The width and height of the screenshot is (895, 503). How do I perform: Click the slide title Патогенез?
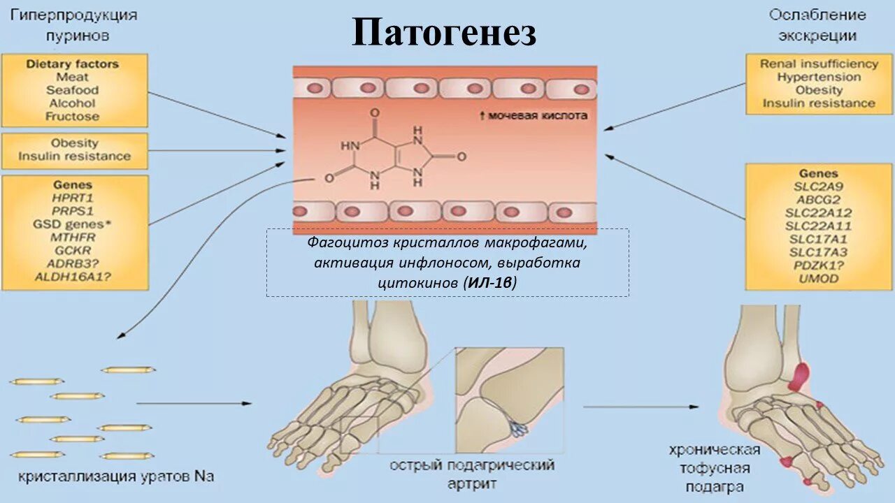[x=444, y=34]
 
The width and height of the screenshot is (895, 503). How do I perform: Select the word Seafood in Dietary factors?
[x=73, y=90]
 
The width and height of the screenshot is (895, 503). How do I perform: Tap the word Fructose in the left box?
[x=73, y=117]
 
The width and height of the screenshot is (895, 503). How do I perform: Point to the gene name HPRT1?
[x=73, y=198]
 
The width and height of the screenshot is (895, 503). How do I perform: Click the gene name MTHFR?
[x=73, y=238]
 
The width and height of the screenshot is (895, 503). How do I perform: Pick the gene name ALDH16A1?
[x=73, y=277]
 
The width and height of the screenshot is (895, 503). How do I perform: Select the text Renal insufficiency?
[x=819, y=64]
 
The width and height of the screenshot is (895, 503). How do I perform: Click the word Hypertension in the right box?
[x=819, y=77]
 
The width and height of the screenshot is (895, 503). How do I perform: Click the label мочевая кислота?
[x=538, y=115]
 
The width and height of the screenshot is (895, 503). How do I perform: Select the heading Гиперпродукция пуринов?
[x=73, y=24]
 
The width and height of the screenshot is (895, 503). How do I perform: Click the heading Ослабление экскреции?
[x=817, y=24]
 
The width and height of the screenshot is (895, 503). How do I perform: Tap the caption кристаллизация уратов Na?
[x=116, y=477]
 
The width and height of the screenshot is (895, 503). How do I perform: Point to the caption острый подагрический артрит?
[x=472, y=474]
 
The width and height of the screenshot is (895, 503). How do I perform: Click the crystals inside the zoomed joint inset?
[x=518, y=428]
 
